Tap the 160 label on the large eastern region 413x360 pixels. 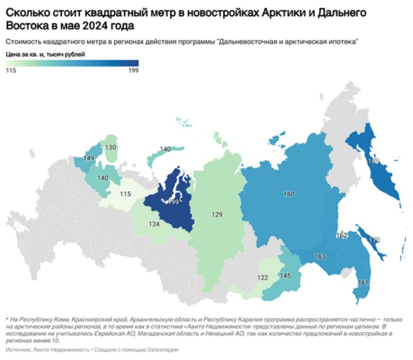[x=289, y=194]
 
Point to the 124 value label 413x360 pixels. [x=153, y=225]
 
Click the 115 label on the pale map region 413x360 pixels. [x=126, y=194]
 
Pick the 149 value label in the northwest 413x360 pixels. [x=89, y=158]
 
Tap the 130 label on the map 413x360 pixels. [x=111, y=148]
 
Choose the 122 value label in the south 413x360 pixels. [x=262, y=278]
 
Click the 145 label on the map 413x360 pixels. [x=285, y=276]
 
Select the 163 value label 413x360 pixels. [x=320, y=257]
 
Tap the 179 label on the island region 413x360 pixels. [x=374, y=240]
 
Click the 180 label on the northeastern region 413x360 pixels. [x=373, y=161]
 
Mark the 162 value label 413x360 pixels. [x=341, y=235]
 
